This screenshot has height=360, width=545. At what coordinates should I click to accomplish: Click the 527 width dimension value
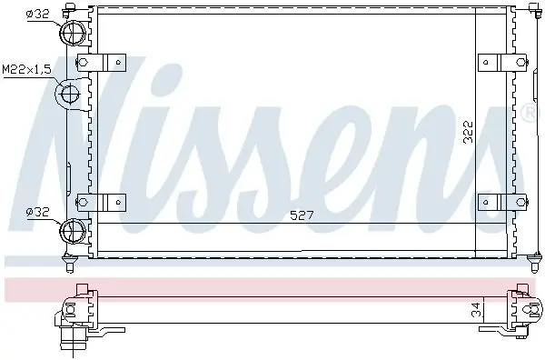[x=302, y=215]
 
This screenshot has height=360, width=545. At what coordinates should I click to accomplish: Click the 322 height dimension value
[x=468, y=132]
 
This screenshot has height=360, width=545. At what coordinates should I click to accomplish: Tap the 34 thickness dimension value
[x=478, y=310]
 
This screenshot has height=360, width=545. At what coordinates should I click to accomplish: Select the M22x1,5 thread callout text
[x=27, y=70]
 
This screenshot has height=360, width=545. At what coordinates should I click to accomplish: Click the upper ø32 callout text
[x=37, y=14]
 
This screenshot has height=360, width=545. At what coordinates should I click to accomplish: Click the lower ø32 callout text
[x=37, y=212]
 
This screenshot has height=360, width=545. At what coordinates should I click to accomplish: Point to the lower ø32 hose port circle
[x=73, y=230]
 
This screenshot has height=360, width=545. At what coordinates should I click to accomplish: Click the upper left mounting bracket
[x=101, y=63]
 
